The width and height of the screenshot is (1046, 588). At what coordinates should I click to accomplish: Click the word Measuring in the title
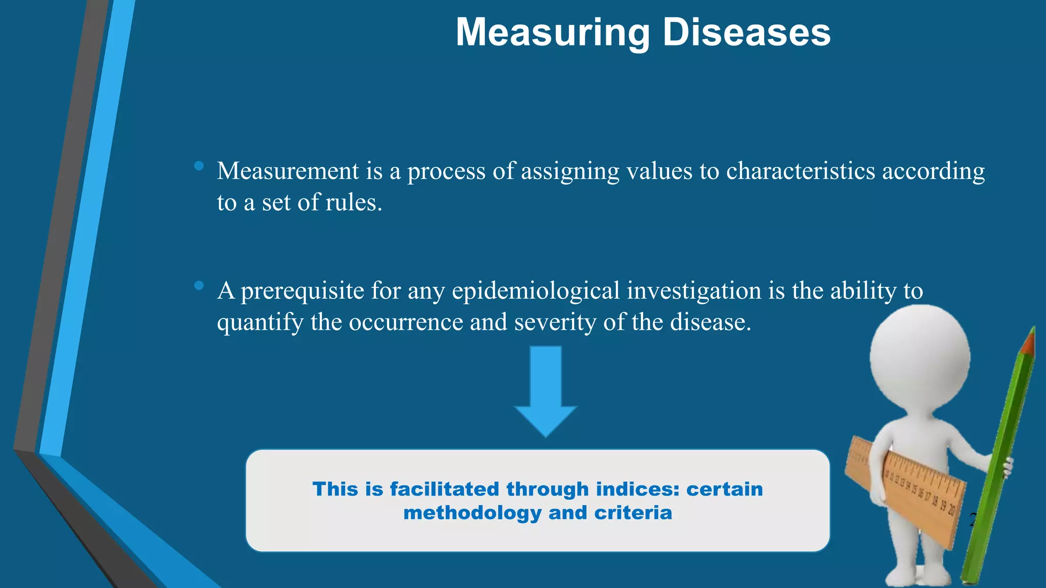click(x=553, y=33)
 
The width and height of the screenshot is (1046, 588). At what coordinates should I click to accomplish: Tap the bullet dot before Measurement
click(x=199, y=166)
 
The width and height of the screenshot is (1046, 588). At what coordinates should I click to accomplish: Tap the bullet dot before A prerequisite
click(x=199, y=285)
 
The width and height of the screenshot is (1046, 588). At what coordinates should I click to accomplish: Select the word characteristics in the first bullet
click(x=800, y=171)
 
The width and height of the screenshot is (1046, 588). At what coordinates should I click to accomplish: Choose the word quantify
click(x=260, y=323)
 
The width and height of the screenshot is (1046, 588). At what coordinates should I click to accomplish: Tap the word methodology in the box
click(x=472, y=512)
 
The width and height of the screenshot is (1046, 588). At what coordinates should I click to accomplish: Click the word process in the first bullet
click(x=446, y=171)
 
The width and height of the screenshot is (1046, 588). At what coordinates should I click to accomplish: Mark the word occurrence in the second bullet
click(x=406, y=323)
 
